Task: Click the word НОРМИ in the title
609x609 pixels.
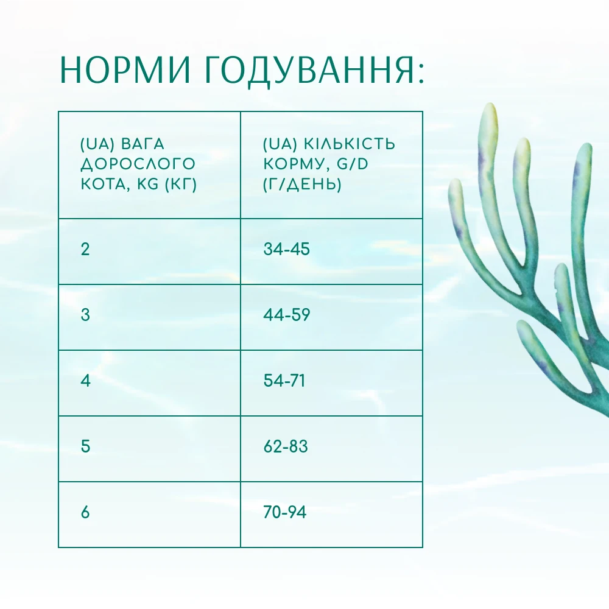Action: tap(125, 70)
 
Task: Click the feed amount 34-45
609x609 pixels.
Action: tap(287, 249)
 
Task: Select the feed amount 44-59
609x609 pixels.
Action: tap(287, 315)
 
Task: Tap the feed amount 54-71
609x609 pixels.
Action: tap(284, 381)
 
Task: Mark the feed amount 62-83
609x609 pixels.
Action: tap(286, 446)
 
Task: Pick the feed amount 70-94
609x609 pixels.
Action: tap(284, 512)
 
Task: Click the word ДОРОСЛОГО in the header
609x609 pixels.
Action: tap(138, 164)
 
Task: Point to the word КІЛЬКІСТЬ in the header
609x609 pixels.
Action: tap(349, 144)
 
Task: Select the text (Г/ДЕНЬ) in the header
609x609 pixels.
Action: tap(302, 184)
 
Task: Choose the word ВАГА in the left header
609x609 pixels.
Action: tap(143, 144)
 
